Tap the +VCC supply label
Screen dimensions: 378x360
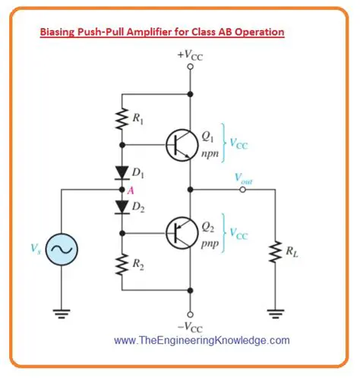click(190, 55)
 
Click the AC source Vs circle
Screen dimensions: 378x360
click(58, 249)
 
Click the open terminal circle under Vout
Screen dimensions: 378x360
click(243, 188)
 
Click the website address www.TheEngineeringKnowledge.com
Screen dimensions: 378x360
click(201, 341)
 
